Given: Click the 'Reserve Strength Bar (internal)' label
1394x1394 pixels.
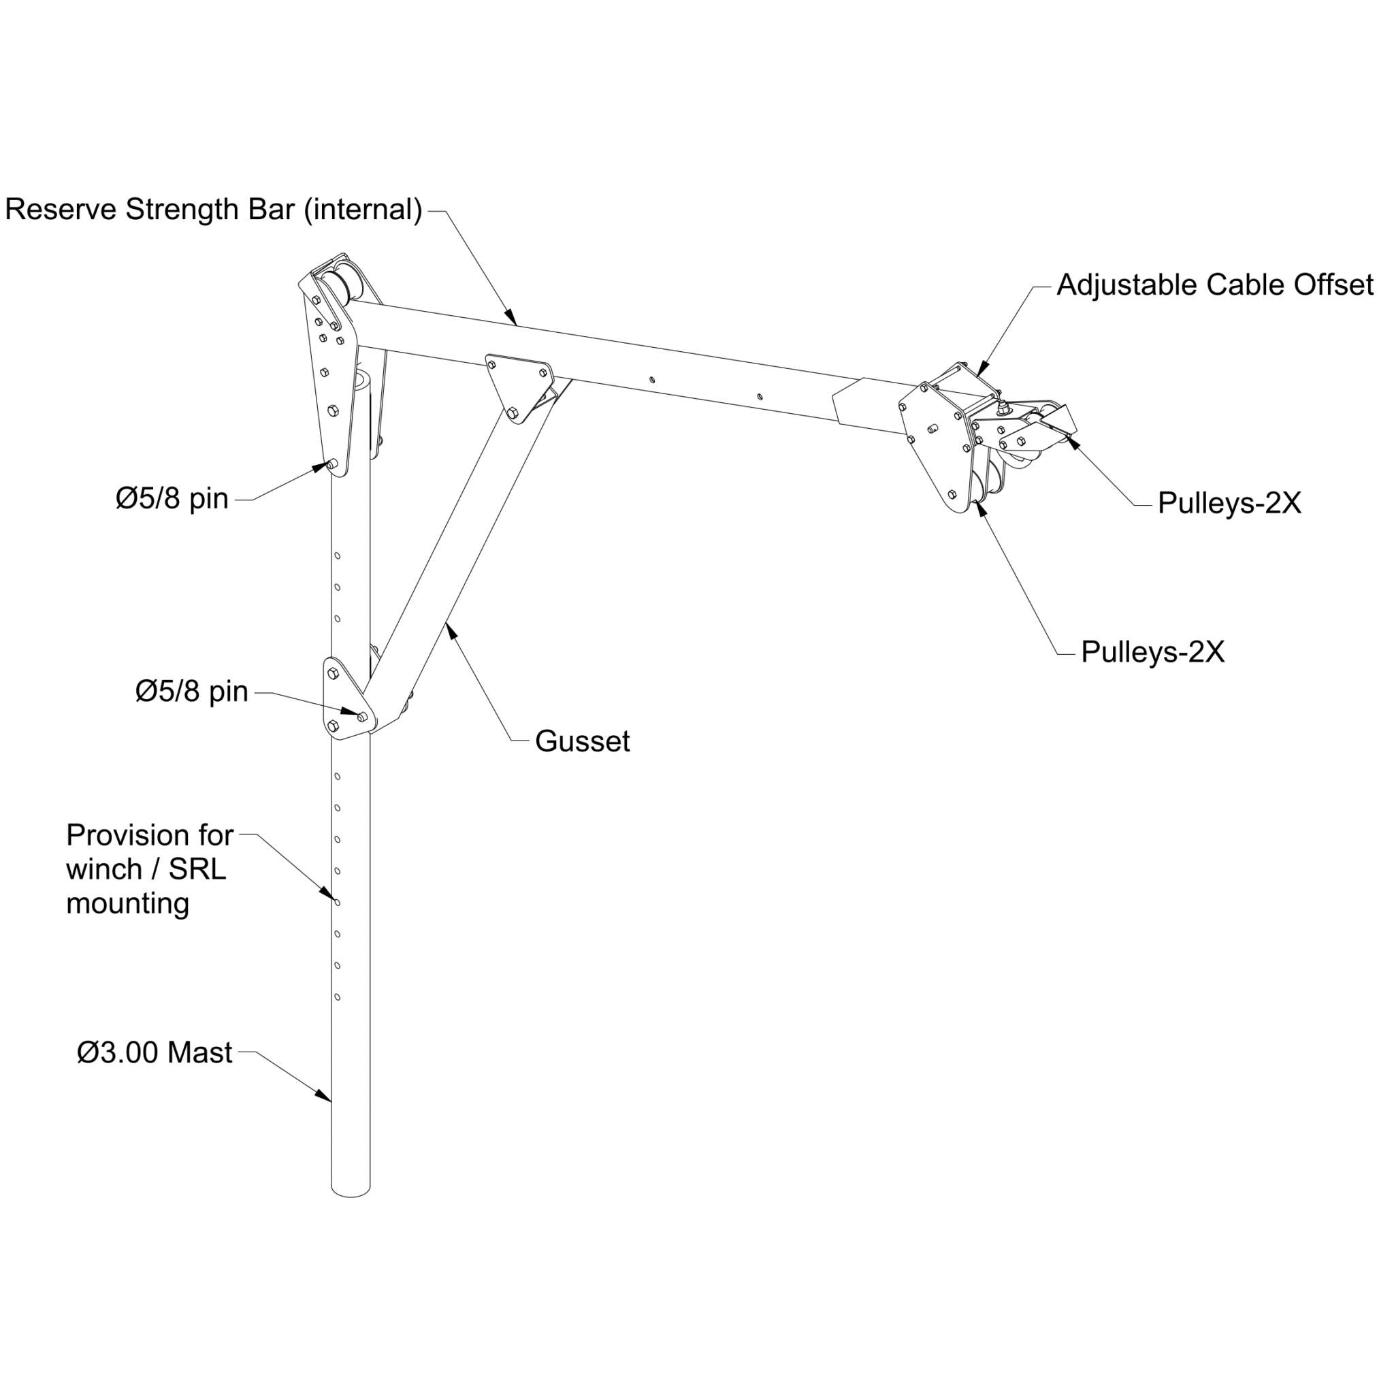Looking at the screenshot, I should click(x=214, y=210).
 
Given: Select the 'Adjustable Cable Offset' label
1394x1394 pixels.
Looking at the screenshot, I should click(x=1214, y=285).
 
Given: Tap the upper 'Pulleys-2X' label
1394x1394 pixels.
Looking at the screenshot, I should click(x=1229, y=503).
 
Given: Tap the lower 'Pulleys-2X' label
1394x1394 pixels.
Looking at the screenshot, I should click(x=1152, y=651).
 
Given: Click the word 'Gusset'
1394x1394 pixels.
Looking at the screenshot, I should click(x=582, y=741).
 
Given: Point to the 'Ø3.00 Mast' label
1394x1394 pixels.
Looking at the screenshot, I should click(x=155, y=1053).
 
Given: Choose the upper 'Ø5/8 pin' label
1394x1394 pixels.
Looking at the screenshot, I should click(x=172, y=498).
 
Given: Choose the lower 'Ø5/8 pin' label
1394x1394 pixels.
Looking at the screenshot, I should click(x=192, y=692).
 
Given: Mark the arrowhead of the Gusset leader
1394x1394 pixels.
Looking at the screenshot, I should click(x=451, y=629).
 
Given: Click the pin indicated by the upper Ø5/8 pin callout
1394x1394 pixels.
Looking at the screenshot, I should click(x=331, y=466).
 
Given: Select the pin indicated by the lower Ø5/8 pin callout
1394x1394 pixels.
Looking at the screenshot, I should click(x=362, y=717).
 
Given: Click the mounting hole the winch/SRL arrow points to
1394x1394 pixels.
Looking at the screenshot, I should click(x=337, y=902).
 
